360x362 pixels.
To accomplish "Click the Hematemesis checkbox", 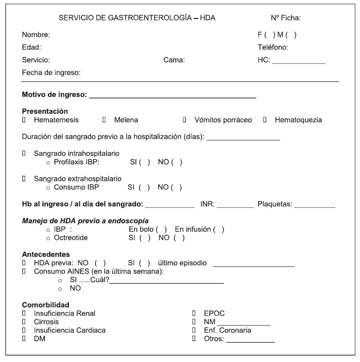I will click(x=23, y=120).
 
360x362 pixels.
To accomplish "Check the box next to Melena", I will click(x=104, y=120).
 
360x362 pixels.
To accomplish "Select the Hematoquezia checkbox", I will click(x=265, y=120).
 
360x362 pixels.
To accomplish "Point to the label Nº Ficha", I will click(x=286, y=18).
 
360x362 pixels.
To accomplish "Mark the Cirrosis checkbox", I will click(x=23, y=322).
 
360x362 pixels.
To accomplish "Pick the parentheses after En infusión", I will click(x=219, y=229).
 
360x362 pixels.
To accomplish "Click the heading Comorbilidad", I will click(x=45, y=305).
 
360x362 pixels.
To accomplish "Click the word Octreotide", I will click(x=71, y=238).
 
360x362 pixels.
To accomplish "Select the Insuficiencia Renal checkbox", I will click(x=23, y=314).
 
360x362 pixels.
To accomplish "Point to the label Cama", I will click(x=174, y=60).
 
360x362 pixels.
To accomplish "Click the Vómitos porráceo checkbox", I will click(x=184, y=120).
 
